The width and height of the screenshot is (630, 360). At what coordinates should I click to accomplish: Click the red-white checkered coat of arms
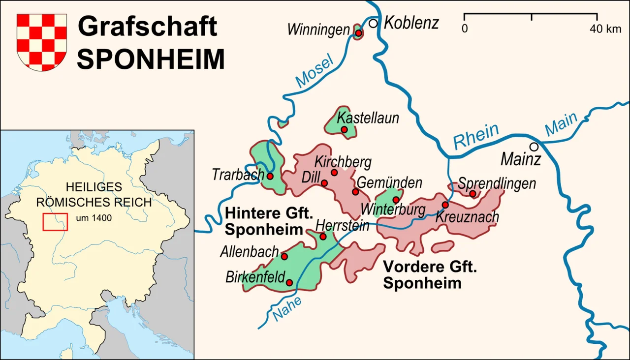point(42,42)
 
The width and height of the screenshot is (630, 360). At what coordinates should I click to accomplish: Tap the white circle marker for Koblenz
point(374,23)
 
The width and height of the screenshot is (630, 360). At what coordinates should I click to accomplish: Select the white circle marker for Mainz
point(534,147)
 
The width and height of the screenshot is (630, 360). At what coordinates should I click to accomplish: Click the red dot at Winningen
point(359,33)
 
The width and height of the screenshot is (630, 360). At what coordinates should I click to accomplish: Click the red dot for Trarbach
point(270,176)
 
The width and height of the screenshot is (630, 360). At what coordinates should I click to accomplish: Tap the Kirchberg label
point(343,162)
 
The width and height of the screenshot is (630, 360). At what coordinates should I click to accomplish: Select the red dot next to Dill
point(324,183)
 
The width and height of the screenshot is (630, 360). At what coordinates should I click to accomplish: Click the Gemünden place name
point(389,182)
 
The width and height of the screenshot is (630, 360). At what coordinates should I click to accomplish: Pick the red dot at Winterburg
point(396,200)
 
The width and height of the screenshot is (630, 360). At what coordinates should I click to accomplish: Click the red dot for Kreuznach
point(445,205)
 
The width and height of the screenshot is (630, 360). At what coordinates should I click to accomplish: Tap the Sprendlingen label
point(497,183)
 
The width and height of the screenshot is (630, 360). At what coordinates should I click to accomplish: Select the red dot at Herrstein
point(323,237)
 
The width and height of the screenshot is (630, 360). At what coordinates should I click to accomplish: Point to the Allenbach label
point(250,252)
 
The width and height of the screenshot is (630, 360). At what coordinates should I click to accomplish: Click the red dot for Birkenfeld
point(289,282)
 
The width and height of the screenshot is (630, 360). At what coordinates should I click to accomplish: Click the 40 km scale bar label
point(605,29)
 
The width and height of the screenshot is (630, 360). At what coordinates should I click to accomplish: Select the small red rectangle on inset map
point(55,222)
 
